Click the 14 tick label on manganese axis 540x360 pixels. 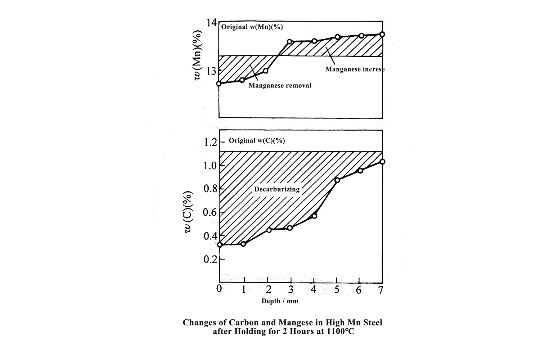(x=211, y=22)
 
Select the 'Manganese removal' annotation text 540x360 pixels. (x=280, y=86)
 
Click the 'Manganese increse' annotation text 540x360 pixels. (x=355, y=69)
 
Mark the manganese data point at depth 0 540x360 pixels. (x=219, y=84)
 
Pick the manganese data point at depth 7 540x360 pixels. (x=382, y=34)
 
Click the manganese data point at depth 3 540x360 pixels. (x=290, y=42)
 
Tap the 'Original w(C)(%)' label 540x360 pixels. (x=257, y=140)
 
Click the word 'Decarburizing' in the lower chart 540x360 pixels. (x=277, y=189)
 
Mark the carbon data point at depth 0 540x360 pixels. (x=220, y=245)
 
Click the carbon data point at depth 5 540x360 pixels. (x=337, y=180)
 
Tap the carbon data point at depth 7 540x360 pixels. (x=382, y=162)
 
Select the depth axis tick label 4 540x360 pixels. (x=313, y=289)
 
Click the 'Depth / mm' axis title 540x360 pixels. (x=280, y=301)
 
